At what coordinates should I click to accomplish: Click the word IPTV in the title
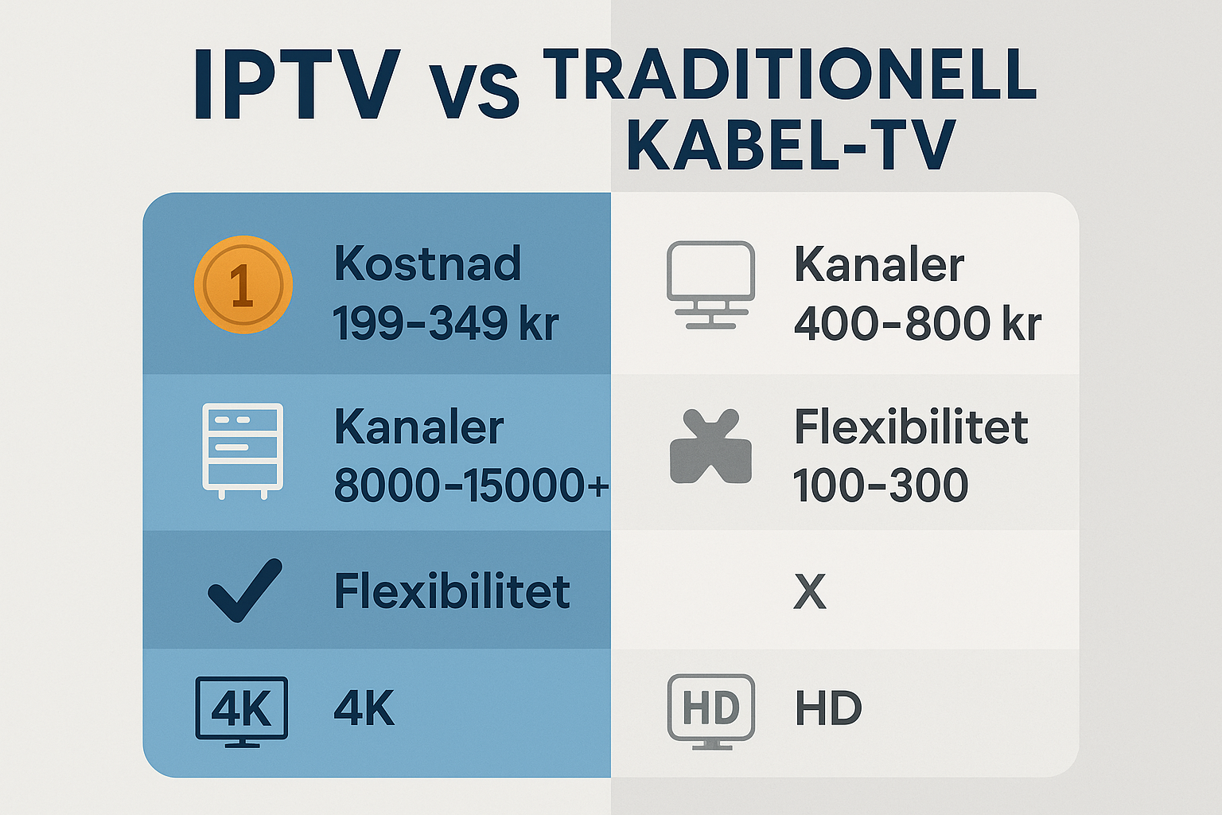tap(297, 85)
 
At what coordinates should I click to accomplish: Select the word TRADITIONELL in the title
tap(789, 74)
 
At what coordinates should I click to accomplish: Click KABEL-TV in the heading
tap(791, 144)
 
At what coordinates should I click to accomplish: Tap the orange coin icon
tap(243, 284)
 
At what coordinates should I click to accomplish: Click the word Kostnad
tap(427, 263)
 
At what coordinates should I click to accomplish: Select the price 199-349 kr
tap(446, 322)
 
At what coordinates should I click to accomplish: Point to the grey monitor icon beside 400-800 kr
tap(710, 284)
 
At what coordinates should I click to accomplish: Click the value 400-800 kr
tap(917, 323)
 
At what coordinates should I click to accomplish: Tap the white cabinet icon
tap(243, 451)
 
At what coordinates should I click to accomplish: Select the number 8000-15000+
tap(471, 485)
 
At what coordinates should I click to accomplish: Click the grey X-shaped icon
tap(710, 446)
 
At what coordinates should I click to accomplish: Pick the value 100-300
tap(881, 485)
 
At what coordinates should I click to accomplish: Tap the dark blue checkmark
tap(246, 590)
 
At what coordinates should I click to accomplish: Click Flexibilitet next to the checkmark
tap(452, 591)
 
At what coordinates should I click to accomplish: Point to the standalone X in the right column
tap(810, 591)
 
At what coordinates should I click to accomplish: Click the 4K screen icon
tap(242, 712)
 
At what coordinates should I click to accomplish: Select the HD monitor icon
tap(711, 712)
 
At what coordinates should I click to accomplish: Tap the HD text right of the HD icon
tap(828, 708)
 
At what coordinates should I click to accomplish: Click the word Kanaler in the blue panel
tap(418, 427)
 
